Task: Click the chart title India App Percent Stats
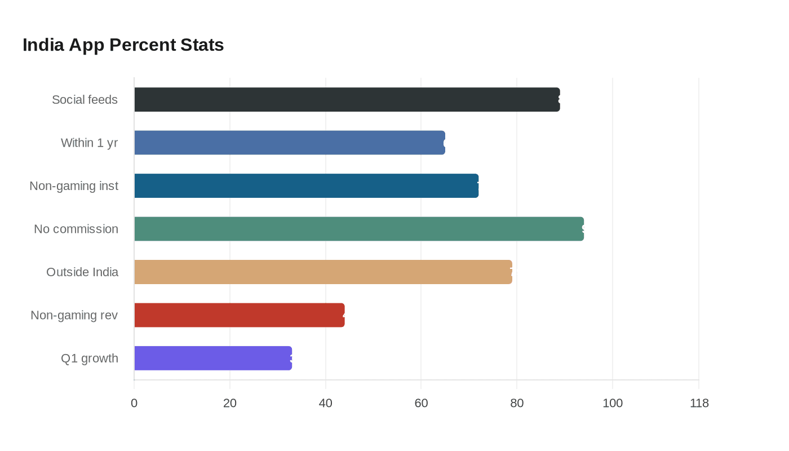click(x=123, y=45)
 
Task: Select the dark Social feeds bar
click(x=347, y=100)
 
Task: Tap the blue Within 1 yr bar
click(x=290, y=143)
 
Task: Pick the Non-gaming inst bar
click(x=306, y=186)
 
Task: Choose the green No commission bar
click(x=359, y=229)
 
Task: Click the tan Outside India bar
click(x=323, y=272)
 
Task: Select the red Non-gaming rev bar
click(x=239, y=315)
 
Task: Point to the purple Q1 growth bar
click(x=213, y=359)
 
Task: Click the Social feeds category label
click(x=85, y=100)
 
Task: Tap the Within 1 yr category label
click(x=89, y=143)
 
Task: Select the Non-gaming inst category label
click(x=74, y=186)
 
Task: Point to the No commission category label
click(x=76, y=229)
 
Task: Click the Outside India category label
click(x=82, y=272)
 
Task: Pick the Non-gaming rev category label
click(x=74, y=315)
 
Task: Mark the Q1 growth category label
click(x=90, y=359)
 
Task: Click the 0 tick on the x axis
click(x=134, y=404)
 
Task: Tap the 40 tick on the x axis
click(x=325, y=404)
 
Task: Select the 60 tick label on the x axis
click(x=421, y=404)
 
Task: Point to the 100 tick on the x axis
click(x=613, y=404)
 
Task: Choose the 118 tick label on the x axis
click(x=699, y=404)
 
